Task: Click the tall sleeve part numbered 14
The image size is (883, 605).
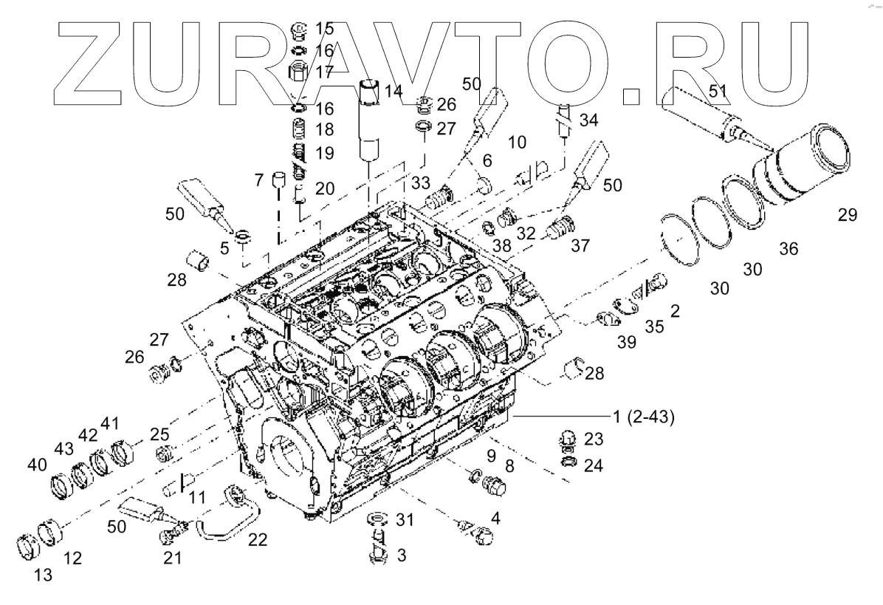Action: (370, 122)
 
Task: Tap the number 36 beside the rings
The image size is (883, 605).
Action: (788, 250)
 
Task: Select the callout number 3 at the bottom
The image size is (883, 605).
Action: (401, 554)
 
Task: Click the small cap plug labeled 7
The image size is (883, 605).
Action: (279, 180)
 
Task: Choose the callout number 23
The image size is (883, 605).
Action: (593, 440)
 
